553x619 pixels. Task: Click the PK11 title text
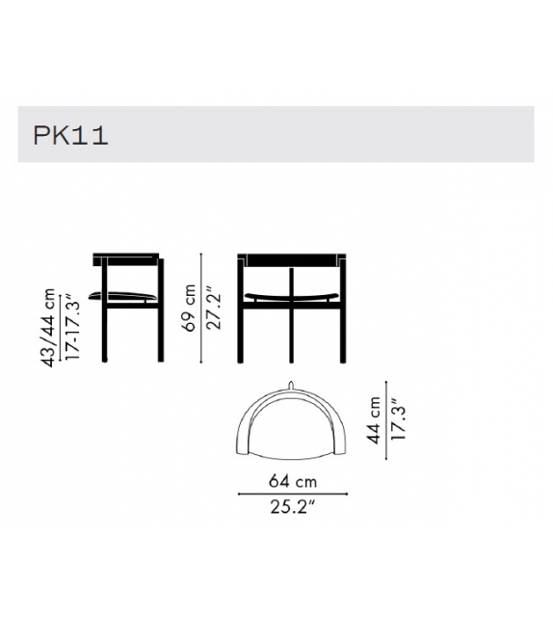[x=70, y=134]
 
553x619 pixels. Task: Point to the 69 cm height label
[x=189, y=307]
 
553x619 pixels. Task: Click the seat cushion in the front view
[x=292, y=295]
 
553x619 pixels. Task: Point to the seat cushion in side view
[x=122, y=295]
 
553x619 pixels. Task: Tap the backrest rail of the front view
[x=292, y=260]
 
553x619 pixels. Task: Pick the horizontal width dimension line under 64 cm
[x=293, y=495]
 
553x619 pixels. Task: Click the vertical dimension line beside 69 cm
[x=202, y=308]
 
